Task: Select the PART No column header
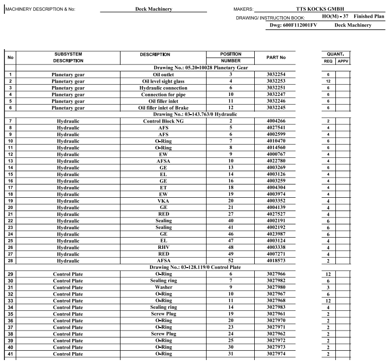coord(276,58)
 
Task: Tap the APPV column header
coord(343,61)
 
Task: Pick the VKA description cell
coord(164,201)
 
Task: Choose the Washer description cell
coord(164,287)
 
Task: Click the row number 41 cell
coord(10,354)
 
